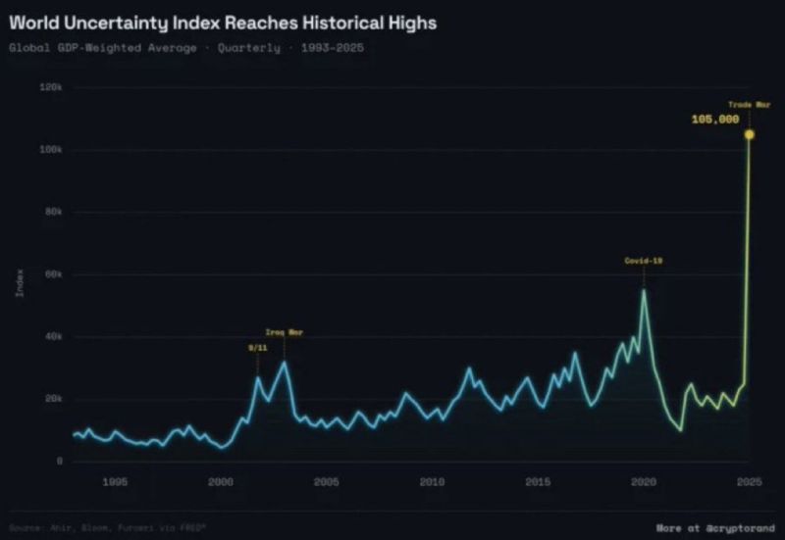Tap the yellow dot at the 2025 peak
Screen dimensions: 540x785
coord(749,134)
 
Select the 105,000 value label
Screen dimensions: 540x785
coord(714,119)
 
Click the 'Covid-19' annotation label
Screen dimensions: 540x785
coord(643,261)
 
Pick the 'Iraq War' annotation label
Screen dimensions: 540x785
coord(285,332)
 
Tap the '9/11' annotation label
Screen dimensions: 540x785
coord(256,347)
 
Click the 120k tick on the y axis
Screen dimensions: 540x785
coord(50,87)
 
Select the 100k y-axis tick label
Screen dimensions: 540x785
coord(50,150)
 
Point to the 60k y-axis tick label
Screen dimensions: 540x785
coord(52,274)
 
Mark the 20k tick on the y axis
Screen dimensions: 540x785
coord(52,399)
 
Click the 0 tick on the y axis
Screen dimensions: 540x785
coord(60,461)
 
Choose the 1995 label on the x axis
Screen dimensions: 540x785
coord(115,481)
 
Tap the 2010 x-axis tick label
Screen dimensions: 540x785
coord(432,481)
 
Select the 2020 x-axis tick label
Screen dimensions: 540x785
coord(644,481)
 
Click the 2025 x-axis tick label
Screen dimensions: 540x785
coord(749,481)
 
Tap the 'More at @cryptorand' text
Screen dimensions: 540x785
coord(714,526)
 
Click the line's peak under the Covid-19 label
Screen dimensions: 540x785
coord(644,290)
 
